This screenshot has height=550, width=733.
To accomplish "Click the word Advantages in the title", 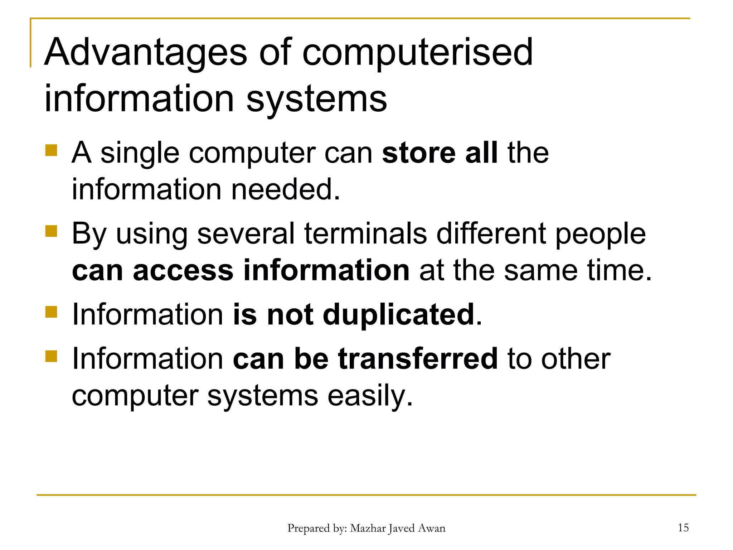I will pyautogui.click(x=145, y=53).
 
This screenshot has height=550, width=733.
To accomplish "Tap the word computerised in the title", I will pyautogui.click(x=418, y=53).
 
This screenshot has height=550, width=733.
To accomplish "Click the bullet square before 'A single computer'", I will pyautogui.click(x=51, y=150).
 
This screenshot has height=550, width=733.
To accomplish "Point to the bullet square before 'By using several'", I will pyautogui.click(x=51, y=231).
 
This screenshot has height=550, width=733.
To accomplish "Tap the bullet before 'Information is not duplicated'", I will pyautogui.click(x=51, y=312).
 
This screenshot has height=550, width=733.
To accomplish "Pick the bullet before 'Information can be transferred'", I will pyautogui.click(x=51, y=356).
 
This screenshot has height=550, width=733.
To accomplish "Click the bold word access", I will pyautogui.click(x=183, y=271).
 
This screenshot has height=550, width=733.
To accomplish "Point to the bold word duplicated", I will pyautogui.click(x=398, y=314).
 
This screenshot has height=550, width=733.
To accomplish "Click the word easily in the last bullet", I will pyautogui.click(x=370, y=396).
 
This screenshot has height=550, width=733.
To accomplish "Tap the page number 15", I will pyautogui.click(x=683, y=527).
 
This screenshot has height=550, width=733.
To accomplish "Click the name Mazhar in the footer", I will pyautogui.click(x=368, y=528).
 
